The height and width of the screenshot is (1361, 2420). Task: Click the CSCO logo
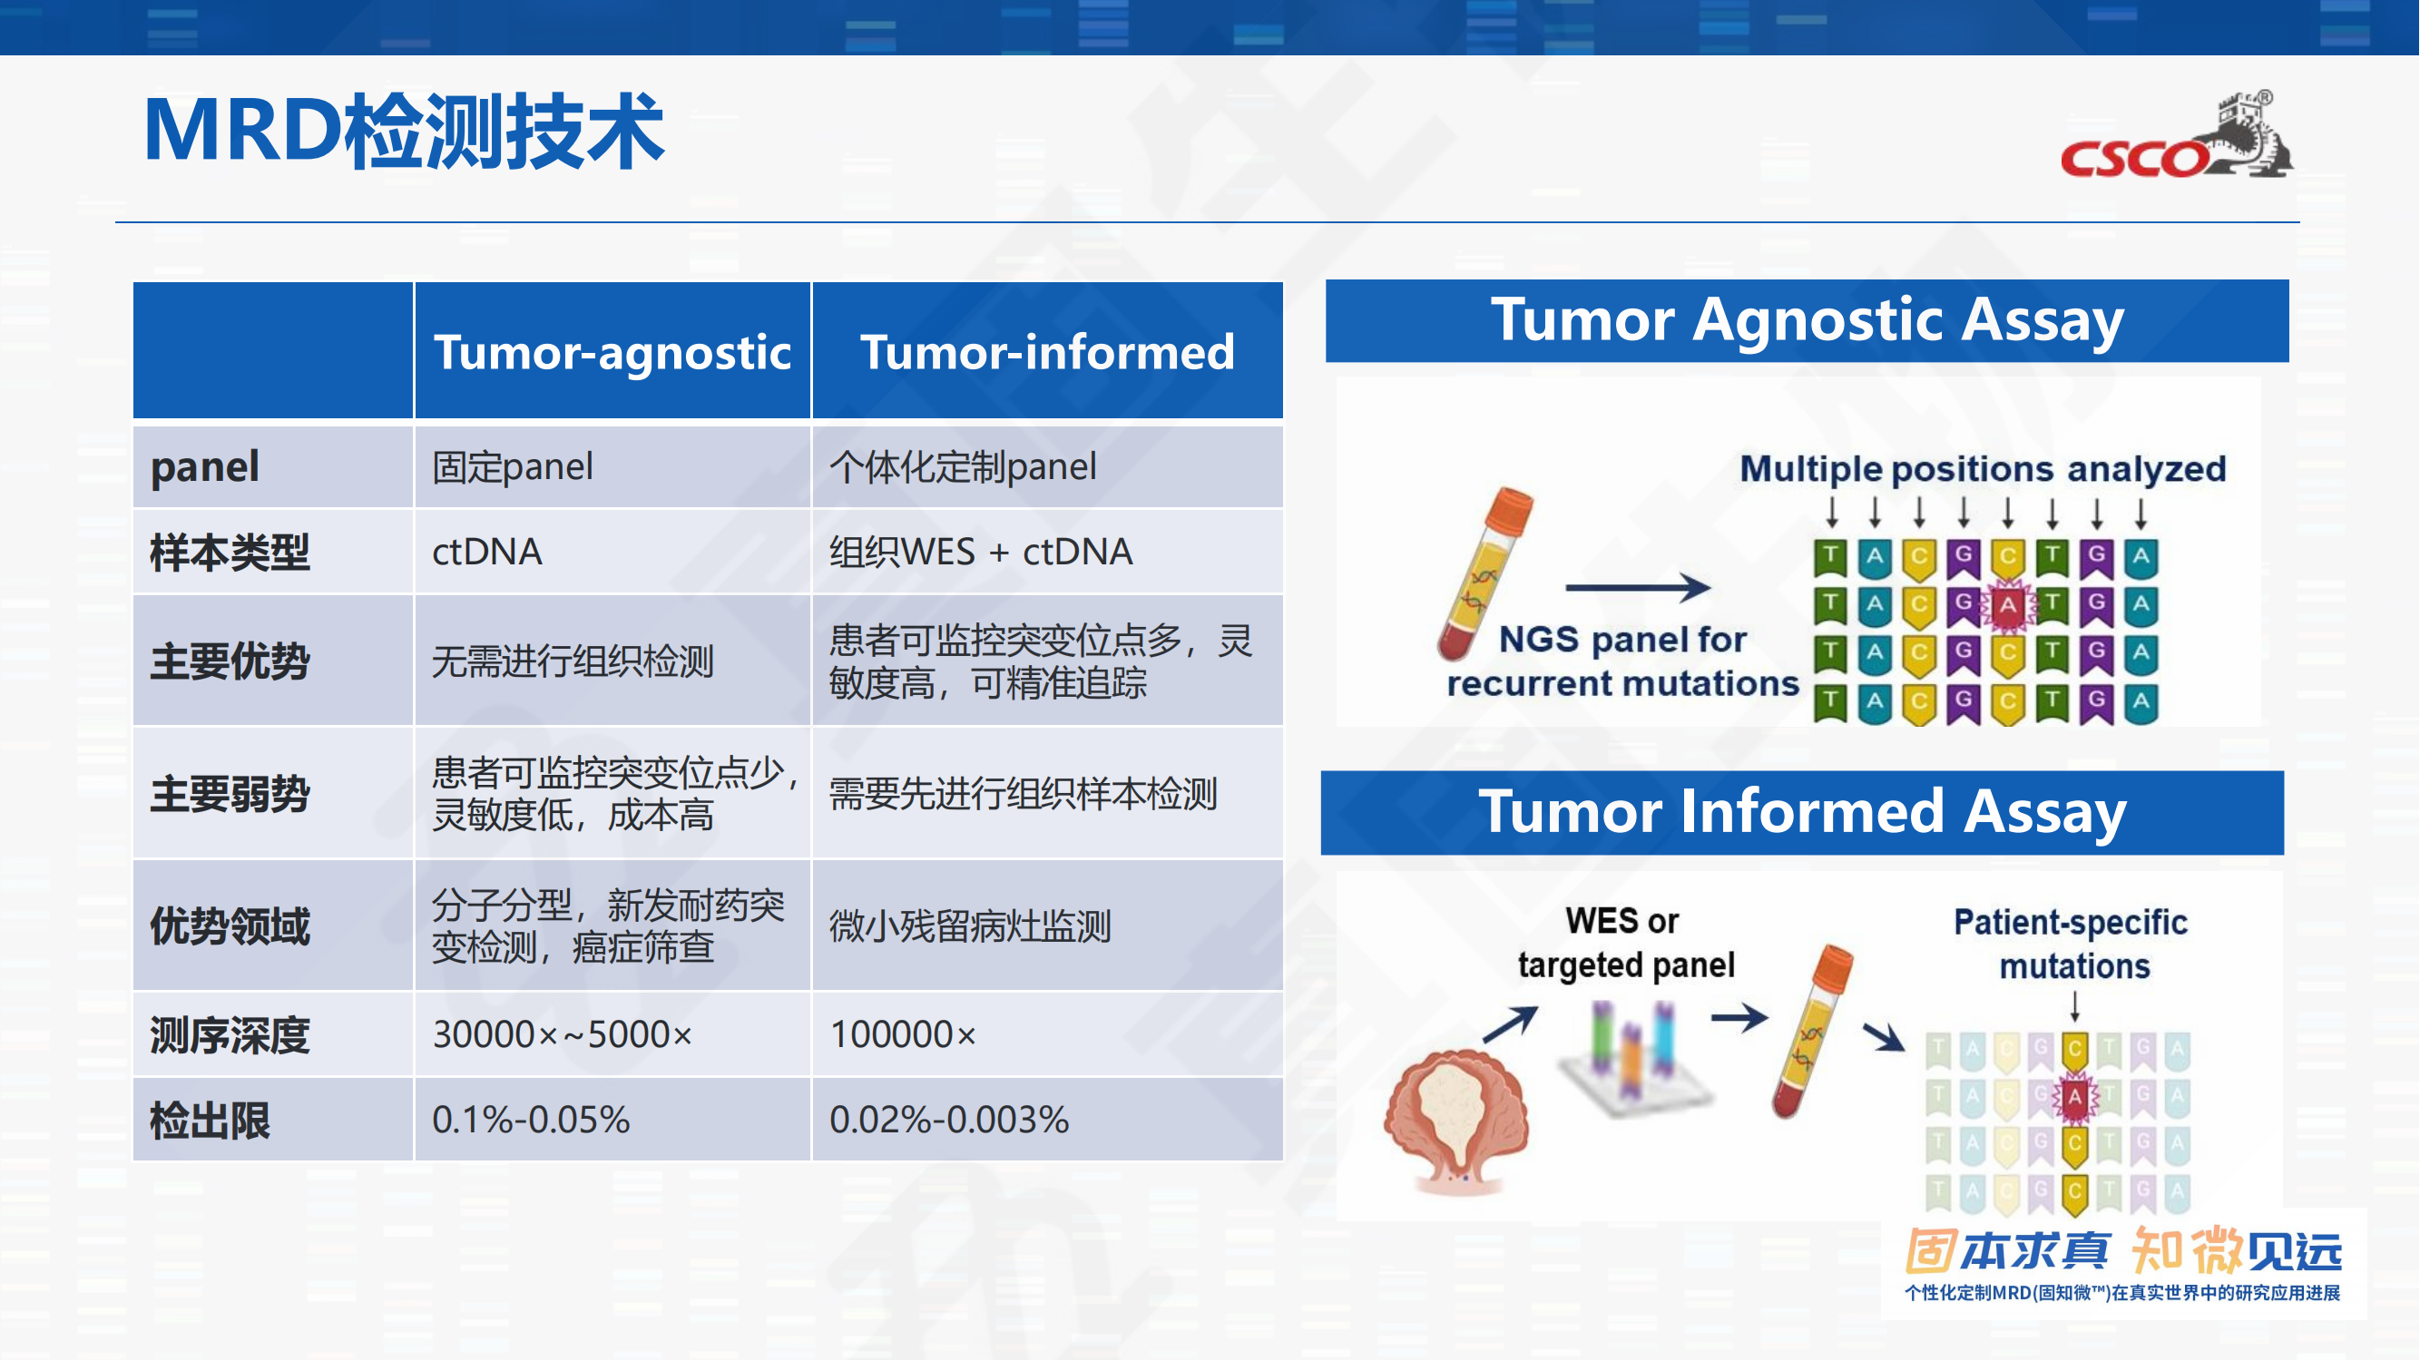[2176, 135]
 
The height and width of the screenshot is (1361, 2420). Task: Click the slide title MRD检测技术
[404, 131]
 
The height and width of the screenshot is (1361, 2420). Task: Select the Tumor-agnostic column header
[612, 352]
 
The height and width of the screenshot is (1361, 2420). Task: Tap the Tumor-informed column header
[1047, 352]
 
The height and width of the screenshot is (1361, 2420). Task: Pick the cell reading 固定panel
[513, 466]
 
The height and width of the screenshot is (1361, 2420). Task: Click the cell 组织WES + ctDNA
[981, 552]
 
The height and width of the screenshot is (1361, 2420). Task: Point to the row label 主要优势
[230, 661]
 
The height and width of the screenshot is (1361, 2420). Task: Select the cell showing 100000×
[903, 1034]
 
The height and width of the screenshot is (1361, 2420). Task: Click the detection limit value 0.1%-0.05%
[531, 1120]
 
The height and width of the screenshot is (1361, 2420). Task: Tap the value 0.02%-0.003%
[949, 1120]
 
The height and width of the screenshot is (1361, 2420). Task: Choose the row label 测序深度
[230, 1035]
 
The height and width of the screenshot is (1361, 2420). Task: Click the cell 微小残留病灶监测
[969, 926]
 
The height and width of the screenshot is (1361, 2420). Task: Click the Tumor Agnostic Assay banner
[1807, 321]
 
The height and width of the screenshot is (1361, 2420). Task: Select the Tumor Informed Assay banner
[1802, 812]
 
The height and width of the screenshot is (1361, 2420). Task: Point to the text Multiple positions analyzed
[1983, 469]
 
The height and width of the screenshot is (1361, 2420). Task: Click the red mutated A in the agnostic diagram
[2007, 605]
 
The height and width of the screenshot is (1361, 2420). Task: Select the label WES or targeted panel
[1625, 943]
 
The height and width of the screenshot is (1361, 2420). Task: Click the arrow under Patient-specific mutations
[2074, 1007]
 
